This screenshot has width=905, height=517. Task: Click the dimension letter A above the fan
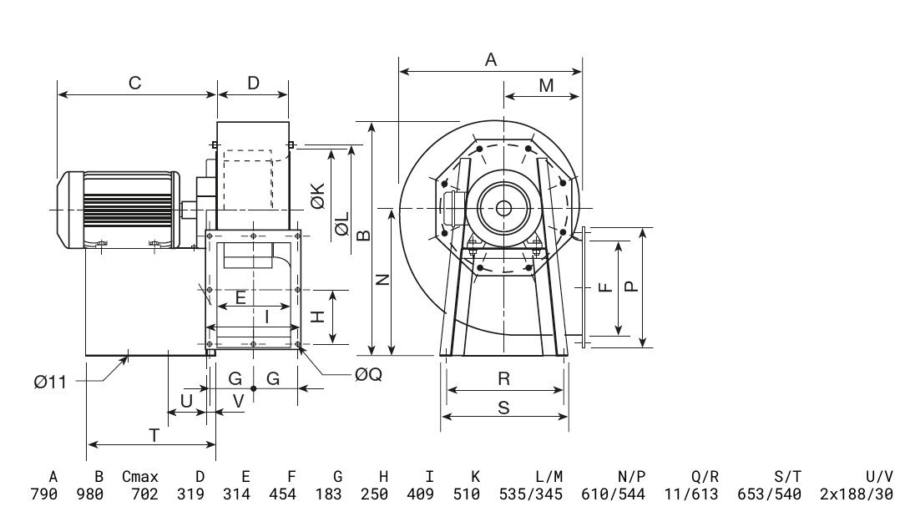point(491,59)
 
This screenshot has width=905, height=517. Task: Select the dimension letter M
point(546,85)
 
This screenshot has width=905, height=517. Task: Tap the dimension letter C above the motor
point(134,83)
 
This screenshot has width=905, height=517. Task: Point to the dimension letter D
point(254,83)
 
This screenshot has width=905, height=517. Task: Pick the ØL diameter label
point(341,225)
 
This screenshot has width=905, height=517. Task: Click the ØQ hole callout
point(368,375)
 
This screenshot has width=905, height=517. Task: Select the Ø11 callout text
point(50,382)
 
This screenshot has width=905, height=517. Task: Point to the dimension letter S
point(503,407)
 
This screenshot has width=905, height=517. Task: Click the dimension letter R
point(503,378)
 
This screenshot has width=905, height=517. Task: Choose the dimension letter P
point(631,286)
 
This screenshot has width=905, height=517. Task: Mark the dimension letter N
point(382,280)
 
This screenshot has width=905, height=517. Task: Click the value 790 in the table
point(44,494)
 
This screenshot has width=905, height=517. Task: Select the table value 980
point(90,494)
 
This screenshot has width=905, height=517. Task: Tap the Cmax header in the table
point(139,477)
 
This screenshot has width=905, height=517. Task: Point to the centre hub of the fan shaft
point(503,207)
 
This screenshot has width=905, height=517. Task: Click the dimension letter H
point(317,317)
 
